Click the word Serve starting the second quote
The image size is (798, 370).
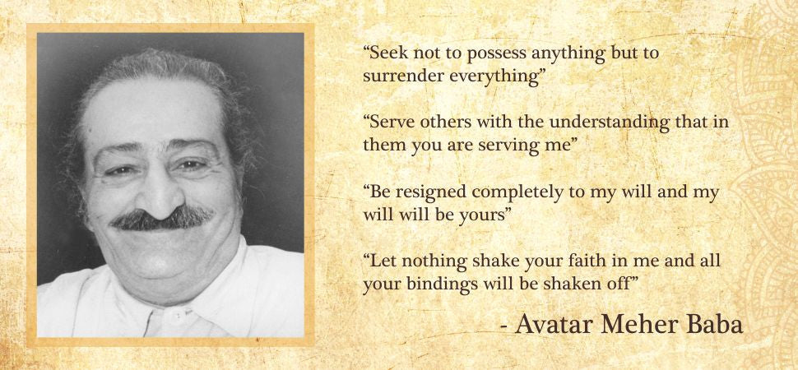[392, 123]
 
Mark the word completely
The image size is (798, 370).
[516, 194]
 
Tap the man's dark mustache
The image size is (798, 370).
[162, 217]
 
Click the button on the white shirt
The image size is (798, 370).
[179, 317]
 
